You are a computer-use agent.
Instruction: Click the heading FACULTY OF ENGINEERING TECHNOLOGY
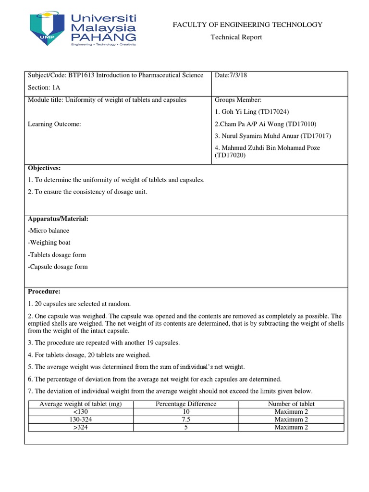247,25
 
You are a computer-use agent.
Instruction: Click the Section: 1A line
45,87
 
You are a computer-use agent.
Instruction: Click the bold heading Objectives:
44,168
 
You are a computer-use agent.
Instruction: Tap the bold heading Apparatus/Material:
58,219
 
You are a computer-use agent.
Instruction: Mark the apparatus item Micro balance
49,231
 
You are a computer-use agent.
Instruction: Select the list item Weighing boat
49,243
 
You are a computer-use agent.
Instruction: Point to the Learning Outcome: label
54,124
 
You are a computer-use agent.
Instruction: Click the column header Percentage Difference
186,404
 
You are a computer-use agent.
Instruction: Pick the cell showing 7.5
186,419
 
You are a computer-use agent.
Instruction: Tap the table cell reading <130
81,412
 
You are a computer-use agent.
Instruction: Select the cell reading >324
81,427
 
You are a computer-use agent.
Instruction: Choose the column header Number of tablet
291,404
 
